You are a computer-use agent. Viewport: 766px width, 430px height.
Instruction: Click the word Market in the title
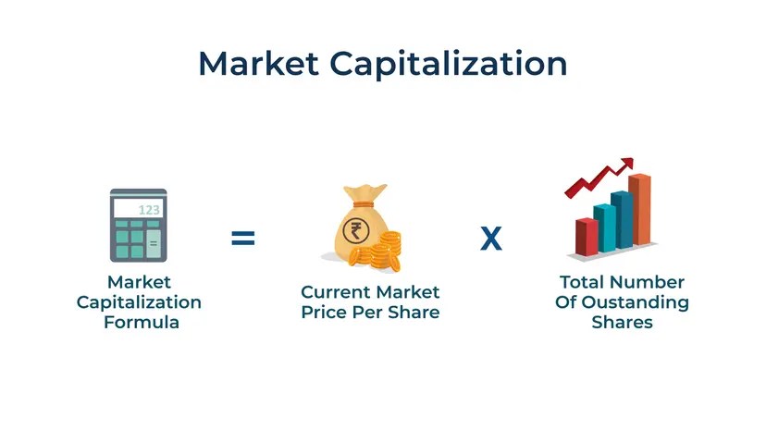[x=258, y=63]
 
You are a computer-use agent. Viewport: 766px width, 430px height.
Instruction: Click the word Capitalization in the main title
[x=449, y=64]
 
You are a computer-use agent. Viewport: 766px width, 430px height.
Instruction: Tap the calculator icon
[x=139, y=226]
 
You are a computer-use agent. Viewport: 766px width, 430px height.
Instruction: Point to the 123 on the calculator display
[x=149, y=210]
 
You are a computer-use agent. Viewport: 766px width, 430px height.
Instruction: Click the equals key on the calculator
[x=154, y=243]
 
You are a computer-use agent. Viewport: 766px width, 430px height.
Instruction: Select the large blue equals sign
[x=243, y=239]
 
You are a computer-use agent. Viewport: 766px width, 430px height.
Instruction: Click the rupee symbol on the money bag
[x=355, y=230]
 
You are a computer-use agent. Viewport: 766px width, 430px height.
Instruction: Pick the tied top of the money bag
[x=364, y=196]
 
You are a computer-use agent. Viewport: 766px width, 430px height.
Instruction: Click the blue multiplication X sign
[x=491, y=239]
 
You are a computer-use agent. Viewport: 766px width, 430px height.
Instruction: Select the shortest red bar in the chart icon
[x=587, y=237]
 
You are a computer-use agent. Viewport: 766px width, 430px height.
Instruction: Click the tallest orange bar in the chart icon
[x=639, y=209]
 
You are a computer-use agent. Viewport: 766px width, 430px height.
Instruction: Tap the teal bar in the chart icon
[x=605, y=227]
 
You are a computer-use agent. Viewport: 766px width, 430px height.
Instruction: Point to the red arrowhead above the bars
[x=627, y=164]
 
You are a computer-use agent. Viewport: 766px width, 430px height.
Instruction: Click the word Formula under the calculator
[x=142, y=322]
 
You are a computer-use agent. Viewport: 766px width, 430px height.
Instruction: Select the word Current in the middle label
[x=335, y=292]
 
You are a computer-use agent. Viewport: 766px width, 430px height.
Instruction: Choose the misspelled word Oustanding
[x=636, y=302]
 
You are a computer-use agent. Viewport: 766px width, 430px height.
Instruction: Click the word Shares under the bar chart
[x=623, y=322]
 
